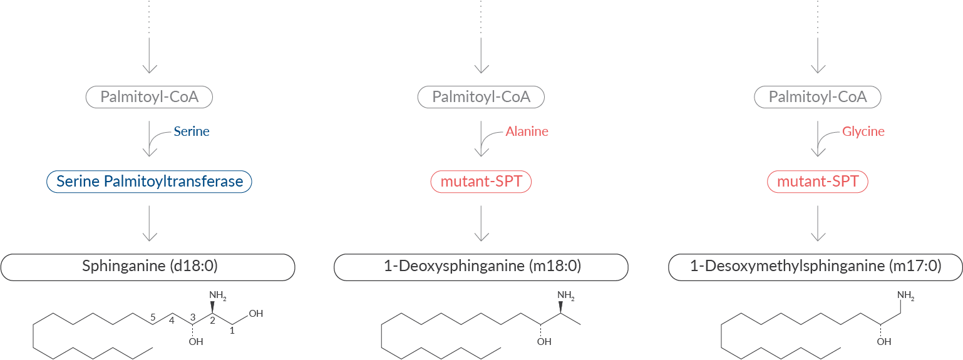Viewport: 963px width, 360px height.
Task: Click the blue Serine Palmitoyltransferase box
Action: [149, 182]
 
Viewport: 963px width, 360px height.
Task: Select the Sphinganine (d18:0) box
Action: [148, 267]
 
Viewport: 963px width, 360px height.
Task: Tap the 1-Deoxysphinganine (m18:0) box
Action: [481, 267]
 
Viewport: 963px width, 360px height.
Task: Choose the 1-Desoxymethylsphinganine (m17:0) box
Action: [815, 267]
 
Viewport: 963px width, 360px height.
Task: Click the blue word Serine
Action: [192, 131]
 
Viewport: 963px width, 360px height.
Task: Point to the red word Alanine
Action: [527, 131]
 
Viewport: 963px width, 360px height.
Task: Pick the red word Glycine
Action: [863, 131]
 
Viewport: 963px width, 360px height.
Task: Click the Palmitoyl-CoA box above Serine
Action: [149, 97]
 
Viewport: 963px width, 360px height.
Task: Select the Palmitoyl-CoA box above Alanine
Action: [481, 97]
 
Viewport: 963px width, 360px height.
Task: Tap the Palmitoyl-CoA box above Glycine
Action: [818, 97]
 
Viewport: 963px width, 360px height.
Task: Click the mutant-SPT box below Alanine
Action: [481, 182]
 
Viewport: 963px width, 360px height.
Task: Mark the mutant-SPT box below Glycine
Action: [818, 182]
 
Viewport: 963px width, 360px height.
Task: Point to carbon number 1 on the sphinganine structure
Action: [232, 330]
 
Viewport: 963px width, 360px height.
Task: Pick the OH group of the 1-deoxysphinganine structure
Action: [544, 341]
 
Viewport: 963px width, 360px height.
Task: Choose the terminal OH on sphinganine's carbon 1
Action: [255, 313]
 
